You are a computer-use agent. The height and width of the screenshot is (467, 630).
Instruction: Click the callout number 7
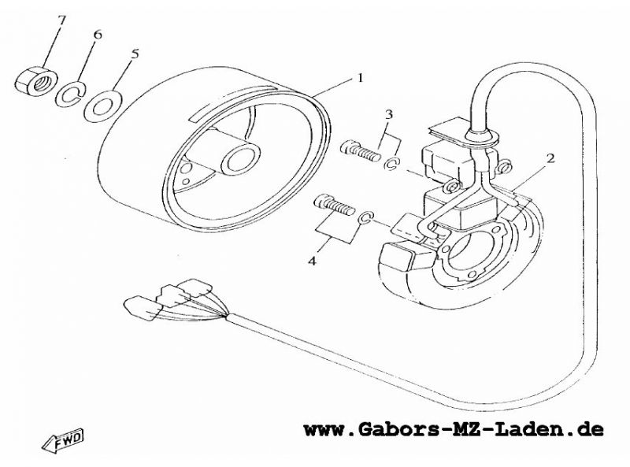click(61, 20)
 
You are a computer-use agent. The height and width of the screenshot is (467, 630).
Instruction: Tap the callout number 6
click(98, 35)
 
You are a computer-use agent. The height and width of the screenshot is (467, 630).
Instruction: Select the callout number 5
click(135, 54)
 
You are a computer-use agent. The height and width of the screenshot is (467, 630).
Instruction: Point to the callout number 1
click(360, 77)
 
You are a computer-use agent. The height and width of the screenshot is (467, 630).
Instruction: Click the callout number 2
click(550, 158)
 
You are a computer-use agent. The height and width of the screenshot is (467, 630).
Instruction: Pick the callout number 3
click(388, 115)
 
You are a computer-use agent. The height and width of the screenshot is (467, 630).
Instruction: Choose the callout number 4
click(312, 261)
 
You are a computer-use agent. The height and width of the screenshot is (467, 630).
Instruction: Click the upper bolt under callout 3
click(360, 150)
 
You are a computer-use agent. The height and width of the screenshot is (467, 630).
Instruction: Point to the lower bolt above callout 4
click(334, 205)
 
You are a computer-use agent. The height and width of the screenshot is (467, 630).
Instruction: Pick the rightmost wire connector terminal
click(195, 287)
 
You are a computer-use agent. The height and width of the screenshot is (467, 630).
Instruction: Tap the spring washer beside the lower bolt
click(365, 218)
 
